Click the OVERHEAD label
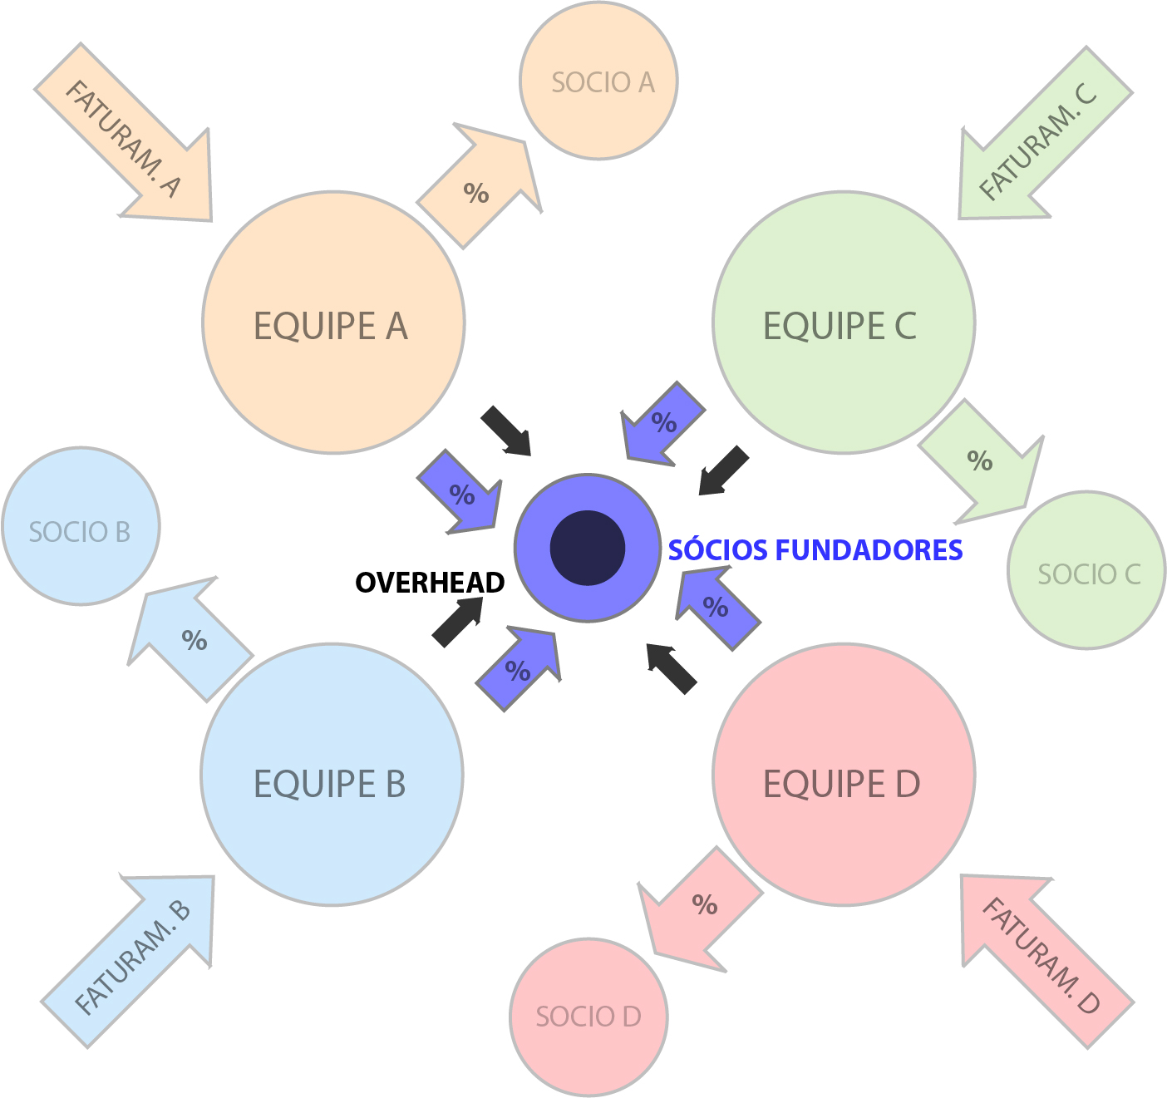pyautogui.click(x=430, y=583)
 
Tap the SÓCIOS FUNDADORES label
pyautogui.click(x=815, y=550)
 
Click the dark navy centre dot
pyautogui.click(x=588, y=548)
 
